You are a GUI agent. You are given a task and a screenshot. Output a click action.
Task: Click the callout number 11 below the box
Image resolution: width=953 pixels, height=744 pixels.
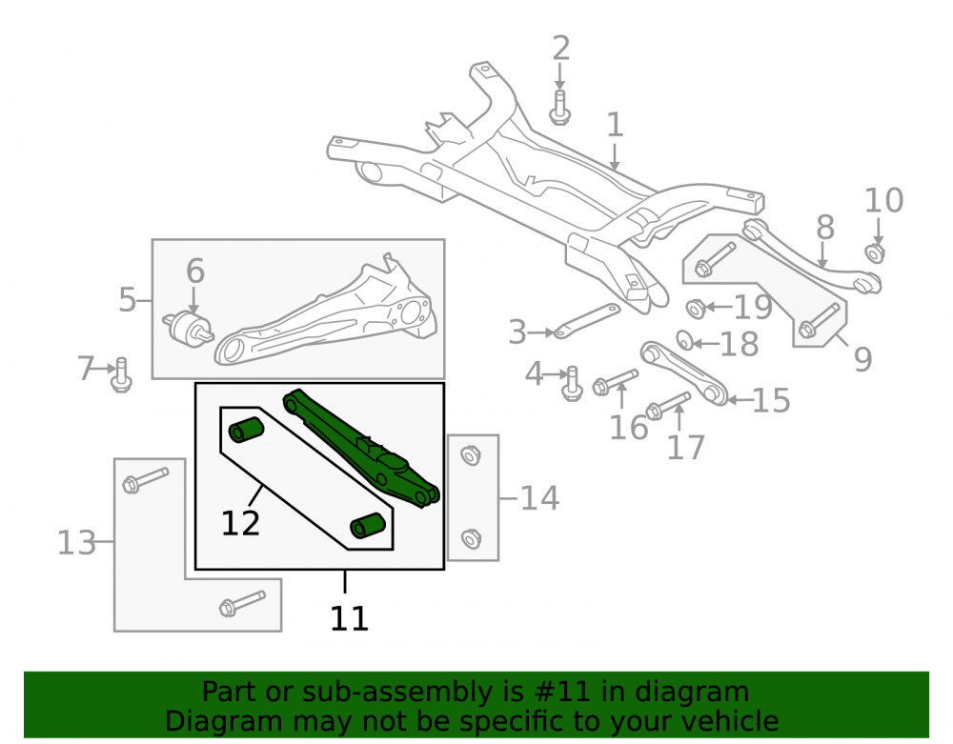pos(350,618)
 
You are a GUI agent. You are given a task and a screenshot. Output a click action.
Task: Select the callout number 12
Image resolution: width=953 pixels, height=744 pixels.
pos(240,523)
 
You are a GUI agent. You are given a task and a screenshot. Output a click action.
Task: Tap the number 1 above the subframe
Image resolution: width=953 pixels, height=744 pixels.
pos(615,125)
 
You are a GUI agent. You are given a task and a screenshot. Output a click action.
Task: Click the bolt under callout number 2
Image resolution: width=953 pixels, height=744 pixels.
pos(559,108)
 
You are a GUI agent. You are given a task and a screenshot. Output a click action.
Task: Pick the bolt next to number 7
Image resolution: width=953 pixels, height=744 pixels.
pos(122,374)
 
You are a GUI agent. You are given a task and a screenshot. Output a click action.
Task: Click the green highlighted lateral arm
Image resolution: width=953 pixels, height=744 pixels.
pos(361,449)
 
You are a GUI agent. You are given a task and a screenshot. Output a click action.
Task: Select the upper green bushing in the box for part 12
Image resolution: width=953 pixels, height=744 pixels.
pos(246,430)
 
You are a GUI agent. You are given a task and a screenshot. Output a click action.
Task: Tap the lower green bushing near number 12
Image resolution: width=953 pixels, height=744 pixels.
pos(368,526)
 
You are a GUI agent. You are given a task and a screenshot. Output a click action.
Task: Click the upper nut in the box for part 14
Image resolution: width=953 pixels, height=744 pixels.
pos(471,455)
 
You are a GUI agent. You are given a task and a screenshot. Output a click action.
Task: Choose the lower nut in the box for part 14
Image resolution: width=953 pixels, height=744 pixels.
pos(471,539)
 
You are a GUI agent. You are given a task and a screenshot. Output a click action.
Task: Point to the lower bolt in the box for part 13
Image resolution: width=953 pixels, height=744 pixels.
pos(242,603)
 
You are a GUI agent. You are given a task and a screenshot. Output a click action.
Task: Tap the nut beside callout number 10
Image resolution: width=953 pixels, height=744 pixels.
pos(875,252)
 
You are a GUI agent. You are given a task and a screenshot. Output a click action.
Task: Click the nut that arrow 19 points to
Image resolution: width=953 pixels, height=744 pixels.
pos(696,309)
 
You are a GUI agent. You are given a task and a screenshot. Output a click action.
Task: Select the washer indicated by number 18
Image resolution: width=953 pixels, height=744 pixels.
pos(685,340)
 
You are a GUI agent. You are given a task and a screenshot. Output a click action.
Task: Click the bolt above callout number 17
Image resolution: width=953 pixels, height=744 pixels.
pos(668,406)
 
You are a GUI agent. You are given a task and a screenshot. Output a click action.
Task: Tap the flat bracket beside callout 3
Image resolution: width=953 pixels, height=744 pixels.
pos(586,321)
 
